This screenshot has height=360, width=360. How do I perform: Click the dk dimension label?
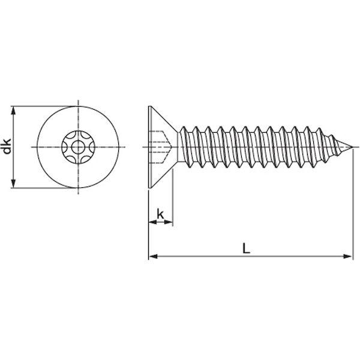coord(7,146)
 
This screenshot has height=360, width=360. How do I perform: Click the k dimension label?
coord(160,214)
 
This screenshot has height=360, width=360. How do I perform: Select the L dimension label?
coord(246,248)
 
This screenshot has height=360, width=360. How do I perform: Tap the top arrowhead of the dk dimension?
coord(14,110)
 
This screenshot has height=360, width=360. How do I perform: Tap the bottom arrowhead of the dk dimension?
coord(14,184)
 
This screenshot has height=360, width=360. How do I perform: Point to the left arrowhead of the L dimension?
coord(153,256)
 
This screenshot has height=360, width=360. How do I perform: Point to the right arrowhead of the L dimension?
coord(347,256)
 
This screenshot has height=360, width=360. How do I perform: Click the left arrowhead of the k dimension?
coord(152,222)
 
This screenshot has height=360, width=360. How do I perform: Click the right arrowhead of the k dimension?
coord(168,222)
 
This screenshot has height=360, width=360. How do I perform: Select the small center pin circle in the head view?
coord(78,147)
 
